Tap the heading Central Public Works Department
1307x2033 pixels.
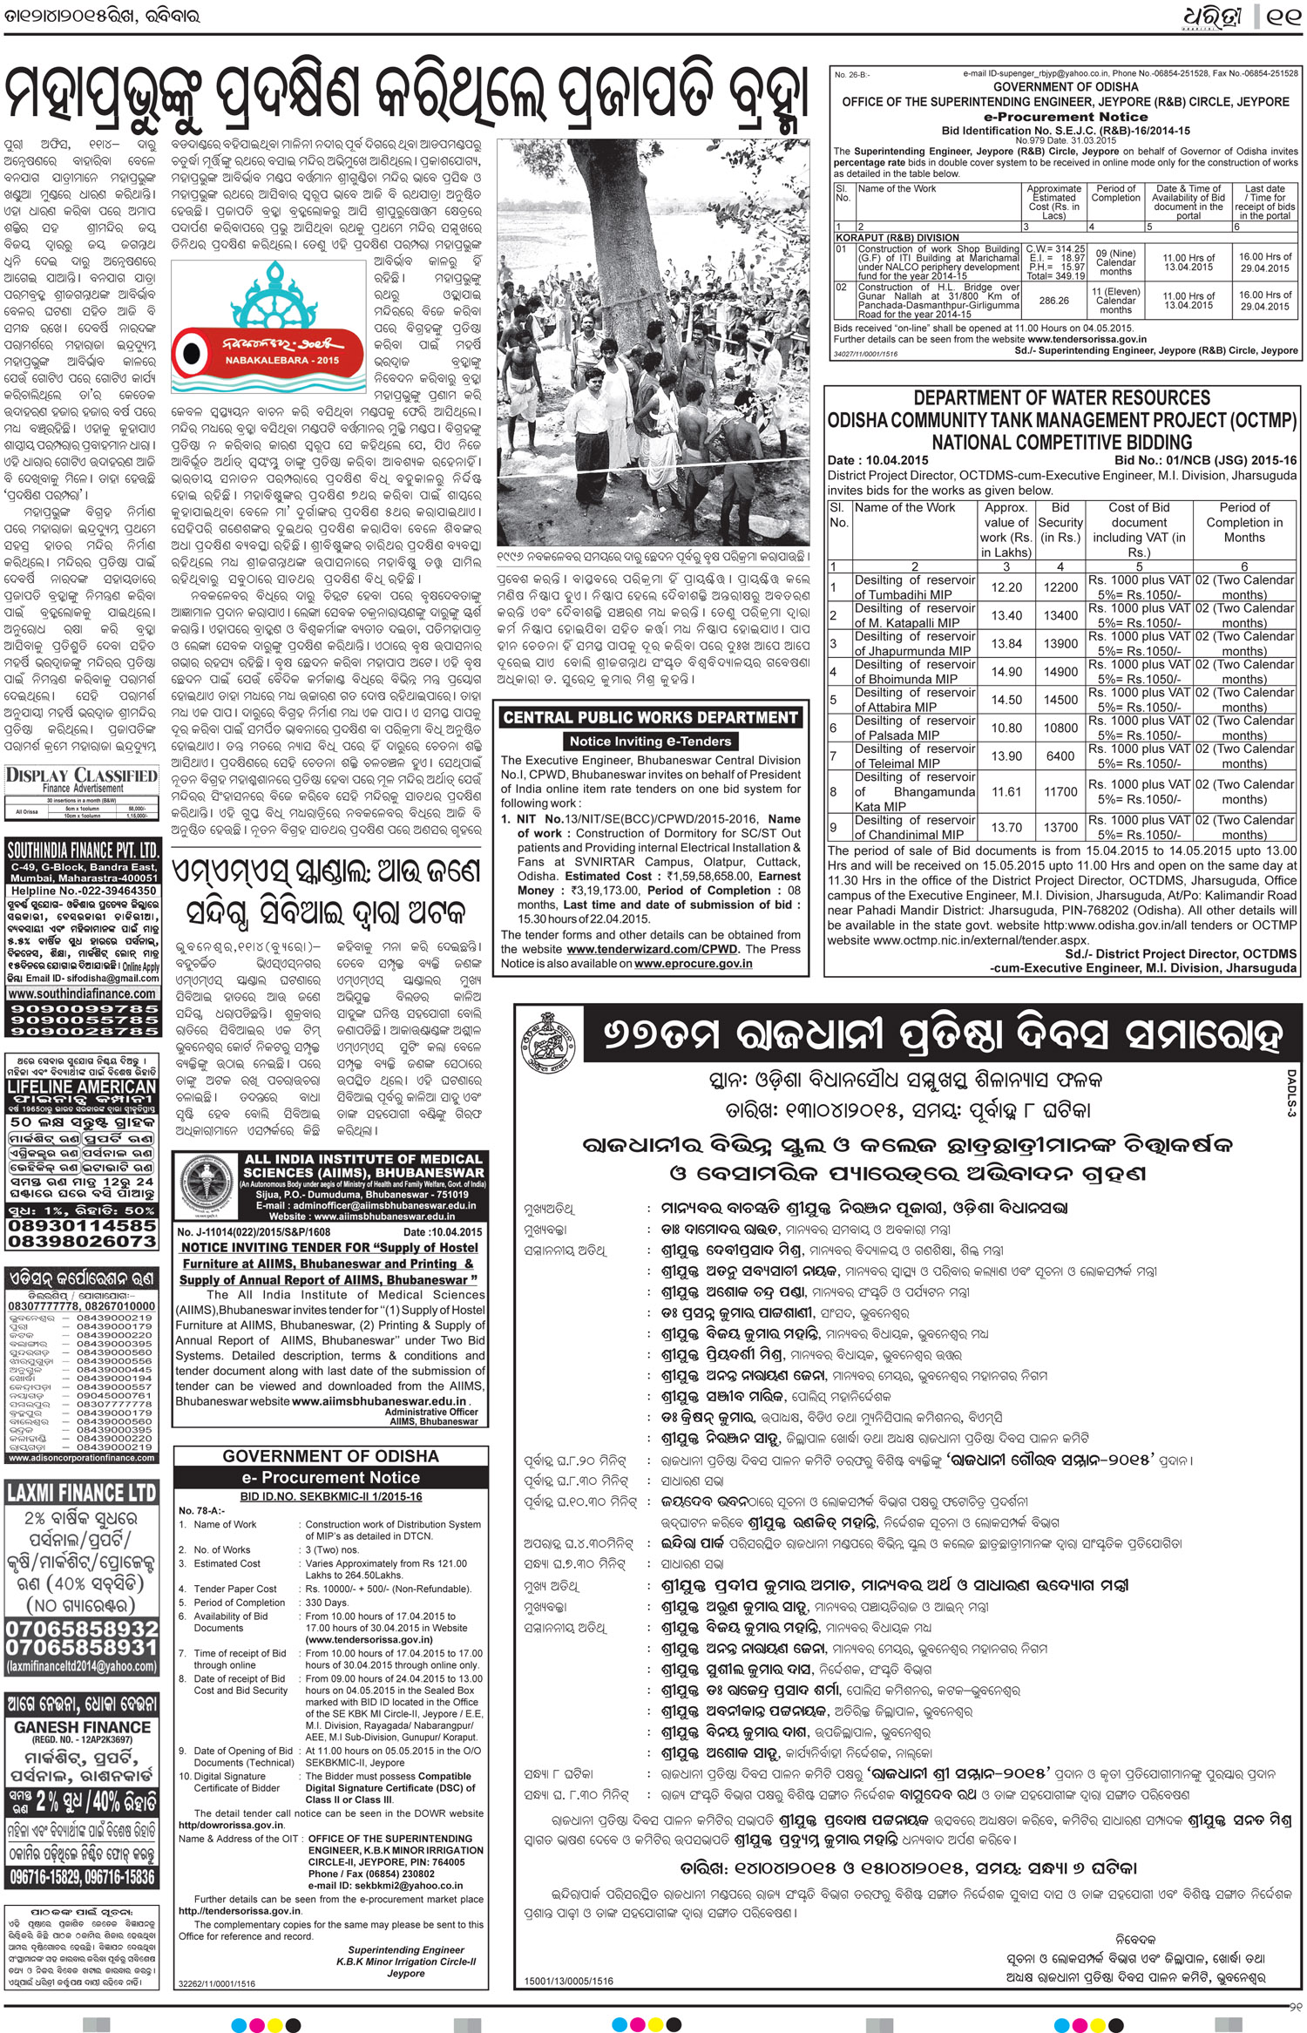click(650, 718)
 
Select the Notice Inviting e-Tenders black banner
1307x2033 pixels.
click(650, 742)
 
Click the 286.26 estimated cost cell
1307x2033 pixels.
click(1053, 301)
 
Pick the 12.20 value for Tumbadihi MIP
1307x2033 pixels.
click(1006, 587)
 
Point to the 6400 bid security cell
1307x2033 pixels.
click(1060, 756)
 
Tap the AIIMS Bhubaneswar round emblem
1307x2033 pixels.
click(207, 1187)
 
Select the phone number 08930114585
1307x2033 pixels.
click(83, 1224)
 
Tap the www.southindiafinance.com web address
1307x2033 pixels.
click(83, 993)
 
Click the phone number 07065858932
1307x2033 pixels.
click(83, 1629)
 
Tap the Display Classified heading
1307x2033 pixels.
click(82, 776)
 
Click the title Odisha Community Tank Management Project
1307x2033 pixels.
click(1061, 420)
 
